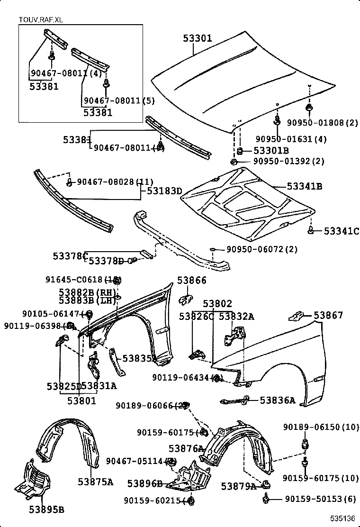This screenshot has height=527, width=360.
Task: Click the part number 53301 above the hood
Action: (x=198, y=38)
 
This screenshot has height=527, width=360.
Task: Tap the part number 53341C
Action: (x=342, y=231)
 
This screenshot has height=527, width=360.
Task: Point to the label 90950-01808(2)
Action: (x=322, y=123)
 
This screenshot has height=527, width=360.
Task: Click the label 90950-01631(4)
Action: (x=291, y=139)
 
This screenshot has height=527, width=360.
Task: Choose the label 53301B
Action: (x=271, y=151)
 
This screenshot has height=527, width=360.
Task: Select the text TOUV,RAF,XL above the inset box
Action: (x=40, y=19)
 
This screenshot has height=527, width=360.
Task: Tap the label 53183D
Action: (x=164, y=191)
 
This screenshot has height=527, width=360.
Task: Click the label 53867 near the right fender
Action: (x=328, y=316)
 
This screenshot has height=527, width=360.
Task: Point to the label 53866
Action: (x=192, y=281)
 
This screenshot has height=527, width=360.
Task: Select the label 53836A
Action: (x=277, y=401)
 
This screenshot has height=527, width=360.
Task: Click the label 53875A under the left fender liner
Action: (x=96, y=482)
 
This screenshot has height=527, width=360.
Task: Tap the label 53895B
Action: (x=46, y=509)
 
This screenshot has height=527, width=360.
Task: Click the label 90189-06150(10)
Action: (x=322, y=427)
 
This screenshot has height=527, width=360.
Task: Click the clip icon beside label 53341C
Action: (x=311, y=231)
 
